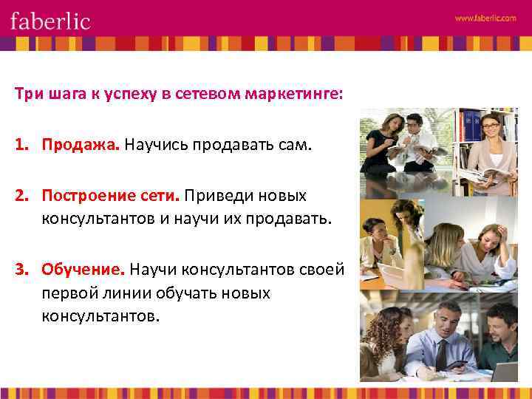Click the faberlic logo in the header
click(x=50, y=20)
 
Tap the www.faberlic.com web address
click(x=485, y=18)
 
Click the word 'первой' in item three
click(x=66, y=293)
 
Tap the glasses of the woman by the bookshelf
click(x=490, y=126)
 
